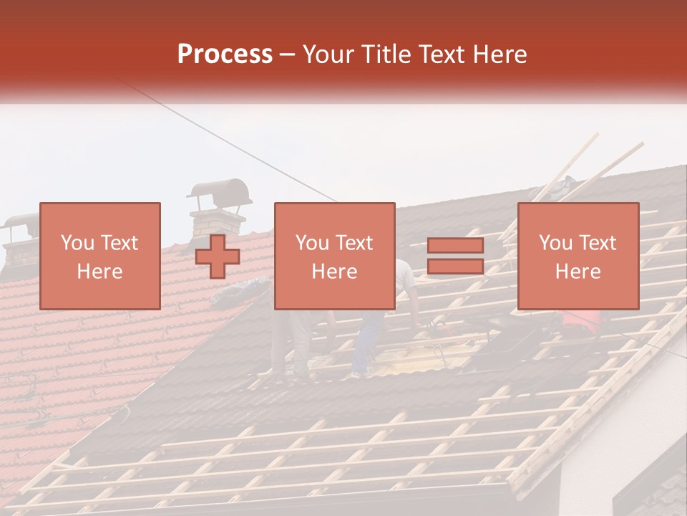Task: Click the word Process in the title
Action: (225, 54)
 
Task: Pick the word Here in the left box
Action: (99, 272)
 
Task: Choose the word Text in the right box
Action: (599, 243)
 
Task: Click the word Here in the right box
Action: (578, 272)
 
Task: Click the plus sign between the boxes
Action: (218, 257)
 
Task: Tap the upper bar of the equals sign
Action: (455, 246)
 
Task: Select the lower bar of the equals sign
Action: (455, 266)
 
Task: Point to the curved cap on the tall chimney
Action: (220, 191)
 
